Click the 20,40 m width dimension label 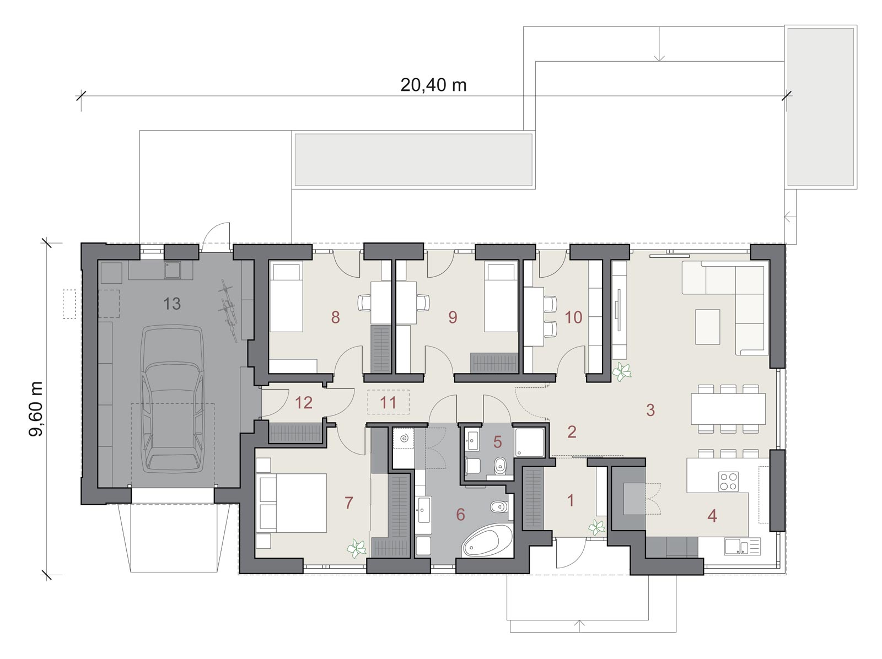tap(433, 85)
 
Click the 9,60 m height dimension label tap(36, 409)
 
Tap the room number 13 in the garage tap(172, 304)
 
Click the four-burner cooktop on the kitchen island tap(729, 482)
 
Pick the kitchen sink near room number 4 tap(743, 547)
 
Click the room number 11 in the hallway tap(388, 402)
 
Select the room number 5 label tap(497, 442)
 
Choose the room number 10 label tap(573, 317)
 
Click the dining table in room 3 tap(728, 409)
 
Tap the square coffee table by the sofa tap(708, 327)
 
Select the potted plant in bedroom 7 tap(357, 549)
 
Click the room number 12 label tap(303, 402)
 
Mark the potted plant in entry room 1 tap(596, 527)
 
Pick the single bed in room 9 tap(501, 296)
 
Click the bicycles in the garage tap(228, 310)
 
